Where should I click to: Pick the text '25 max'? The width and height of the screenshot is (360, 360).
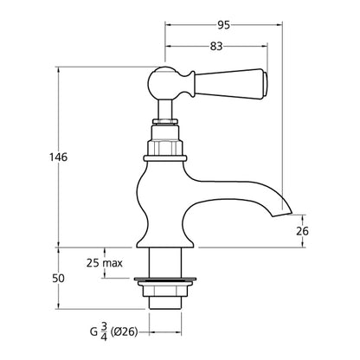pos(104,262)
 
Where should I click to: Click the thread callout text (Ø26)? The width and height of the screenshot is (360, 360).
pos(126,330)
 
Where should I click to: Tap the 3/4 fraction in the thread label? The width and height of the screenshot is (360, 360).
pos(104,330)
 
